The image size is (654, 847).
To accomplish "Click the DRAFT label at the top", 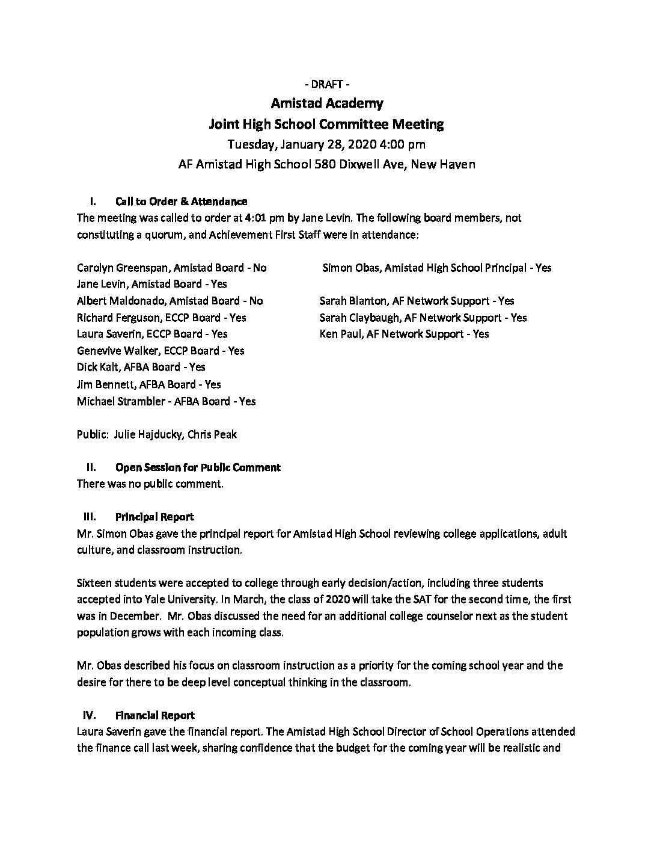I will coord(326,83).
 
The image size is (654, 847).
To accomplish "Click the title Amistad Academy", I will coord(326,103).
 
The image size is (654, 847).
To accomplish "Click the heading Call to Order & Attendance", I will coord(181,202).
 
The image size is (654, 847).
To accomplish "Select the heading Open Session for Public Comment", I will coord(198,467).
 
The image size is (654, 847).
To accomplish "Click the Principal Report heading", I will coord(154,517).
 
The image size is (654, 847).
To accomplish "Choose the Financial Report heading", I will coord(154,715).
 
